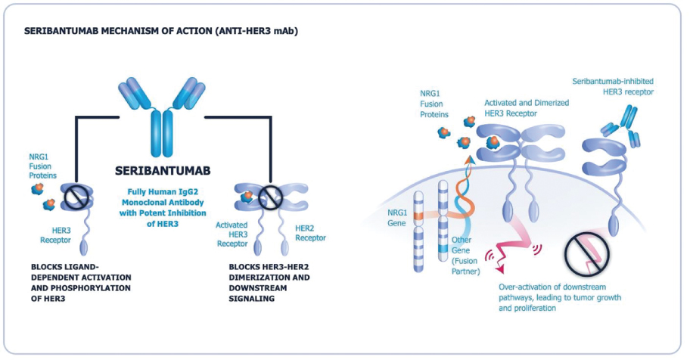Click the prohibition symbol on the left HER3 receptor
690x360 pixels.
click(76, 198)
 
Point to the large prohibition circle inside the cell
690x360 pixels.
click(587, 253)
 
